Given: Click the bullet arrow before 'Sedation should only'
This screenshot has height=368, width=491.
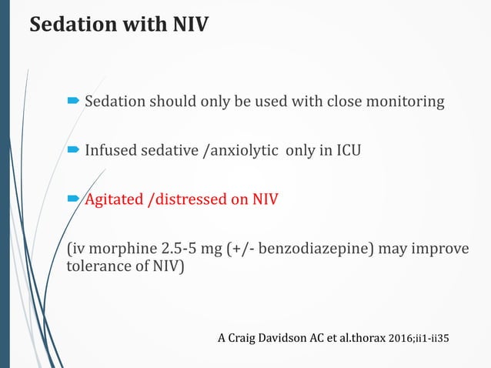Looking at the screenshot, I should tap(73, 101).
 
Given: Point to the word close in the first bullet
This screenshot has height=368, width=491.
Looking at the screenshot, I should tap(339, 102).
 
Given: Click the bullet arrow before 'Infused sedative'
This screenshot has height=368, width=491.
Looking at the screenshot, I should tap(73, 150).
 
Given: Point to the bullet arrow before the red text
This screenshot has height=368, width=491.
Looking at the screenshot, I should tap(73, 200).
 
